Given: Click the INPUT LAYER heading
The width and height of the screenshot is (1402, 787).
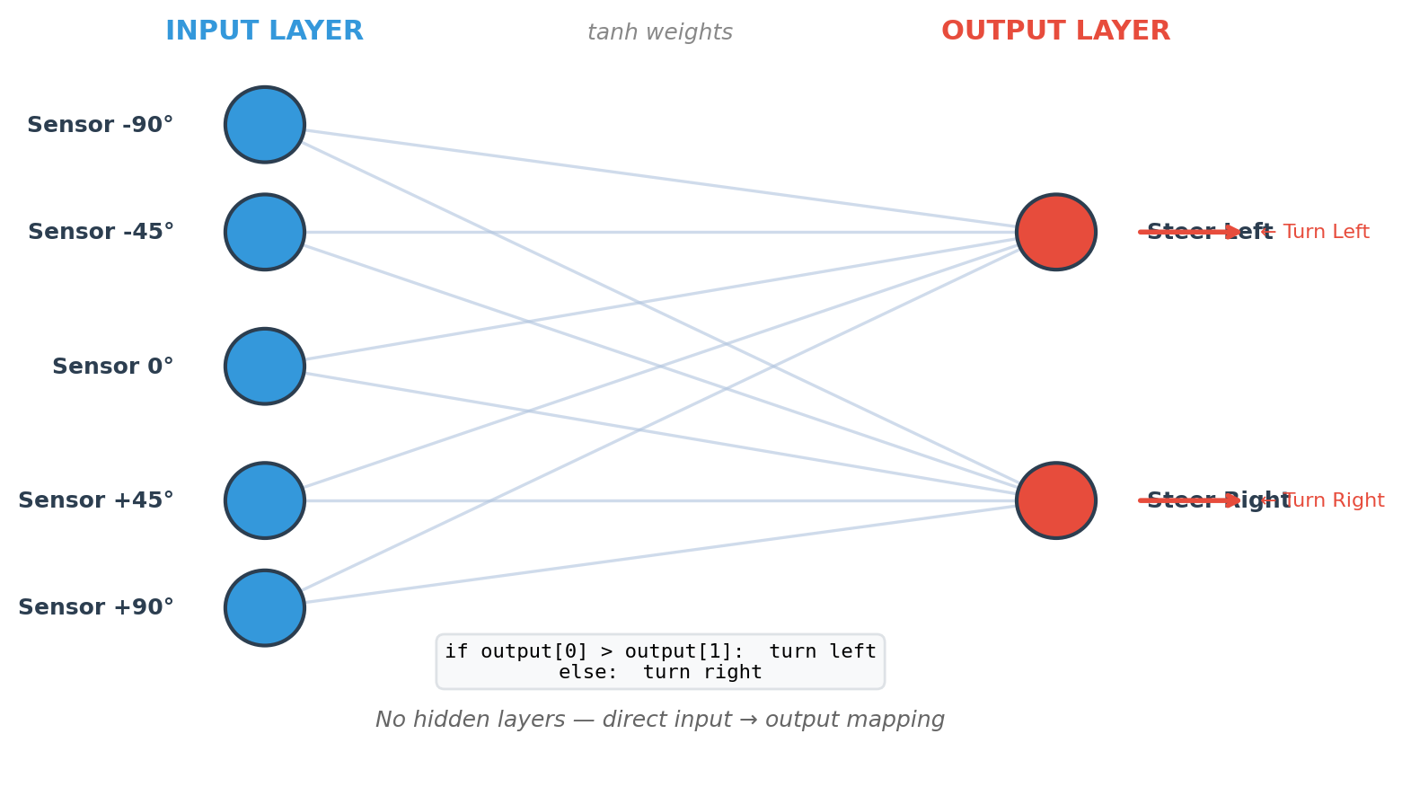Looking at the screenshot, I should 264,31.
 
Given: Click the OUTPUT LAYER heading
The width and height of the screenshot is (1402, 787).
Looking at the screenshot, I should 1055,31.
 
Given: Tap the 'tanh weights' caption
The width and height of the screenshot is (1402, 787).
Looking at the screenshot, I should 659,33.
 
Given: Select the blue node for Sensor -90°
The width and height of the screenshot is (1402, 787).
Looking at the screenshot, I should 265,125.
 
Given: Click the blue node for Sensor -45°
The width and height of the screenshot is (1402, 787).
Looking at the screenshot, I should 265,232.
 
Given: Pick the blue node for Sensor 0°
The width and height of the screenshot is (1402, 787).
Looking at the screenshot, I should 265,367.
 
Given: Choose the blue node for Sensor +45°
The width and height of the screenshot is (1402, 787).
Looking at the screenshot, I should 265,500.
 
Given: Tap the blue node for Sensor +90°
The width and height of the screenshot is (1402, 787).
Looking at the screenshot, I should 265,608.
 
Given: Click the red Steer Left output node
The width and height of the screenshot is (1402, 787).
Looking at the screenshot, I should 1056,232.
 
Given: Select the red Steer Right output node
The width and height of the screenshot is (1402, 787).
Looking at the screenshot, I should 1056,500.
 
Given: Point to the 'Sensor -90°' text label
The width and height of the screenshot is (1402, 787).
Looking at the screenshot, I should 100,126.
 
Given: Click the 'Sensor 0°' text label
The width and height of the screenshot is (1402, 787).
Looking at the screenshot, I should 112,367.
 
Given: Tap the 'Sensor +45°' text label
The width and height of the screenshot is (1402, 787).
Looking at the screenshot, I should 96,501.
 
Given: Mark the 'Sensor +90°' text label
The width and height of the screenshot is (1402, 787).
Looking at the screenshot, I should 96,608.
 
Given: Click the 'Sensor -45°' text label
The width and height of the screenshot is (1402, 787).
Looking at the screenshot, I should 101,233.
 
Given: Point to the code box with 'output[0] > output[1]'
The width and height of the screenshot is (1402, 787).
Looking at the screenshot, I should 660,662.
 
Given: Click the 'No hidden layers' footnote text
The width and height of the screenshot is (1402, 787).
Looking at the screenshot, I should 659,721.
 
